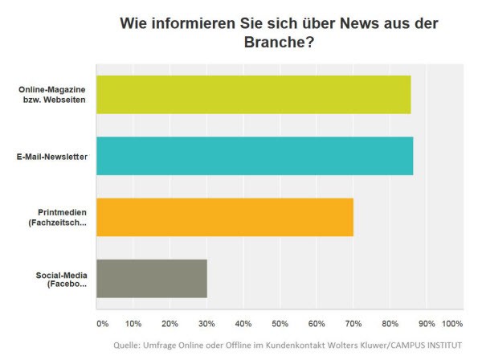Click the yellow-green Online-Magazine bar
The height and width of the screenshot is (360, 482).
(253, 94)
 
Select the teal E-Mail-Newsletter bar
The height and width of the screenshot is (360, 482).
(255, 156)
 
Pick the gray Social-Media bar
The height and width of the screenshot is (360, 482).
(152, 279)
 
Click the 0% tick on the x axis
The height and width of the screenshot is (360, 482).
(102, 323)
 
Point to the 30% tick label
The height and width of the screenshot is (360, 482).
(206, 323)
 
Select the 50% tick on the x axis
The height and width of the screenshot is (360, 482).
(280, 323)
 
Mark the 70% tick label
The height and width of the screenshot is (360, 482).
(353, 323)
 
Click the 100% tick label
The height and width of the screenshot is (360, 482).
(452, 323)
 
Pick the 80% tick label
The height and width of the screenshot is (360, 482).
(390, 323)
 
